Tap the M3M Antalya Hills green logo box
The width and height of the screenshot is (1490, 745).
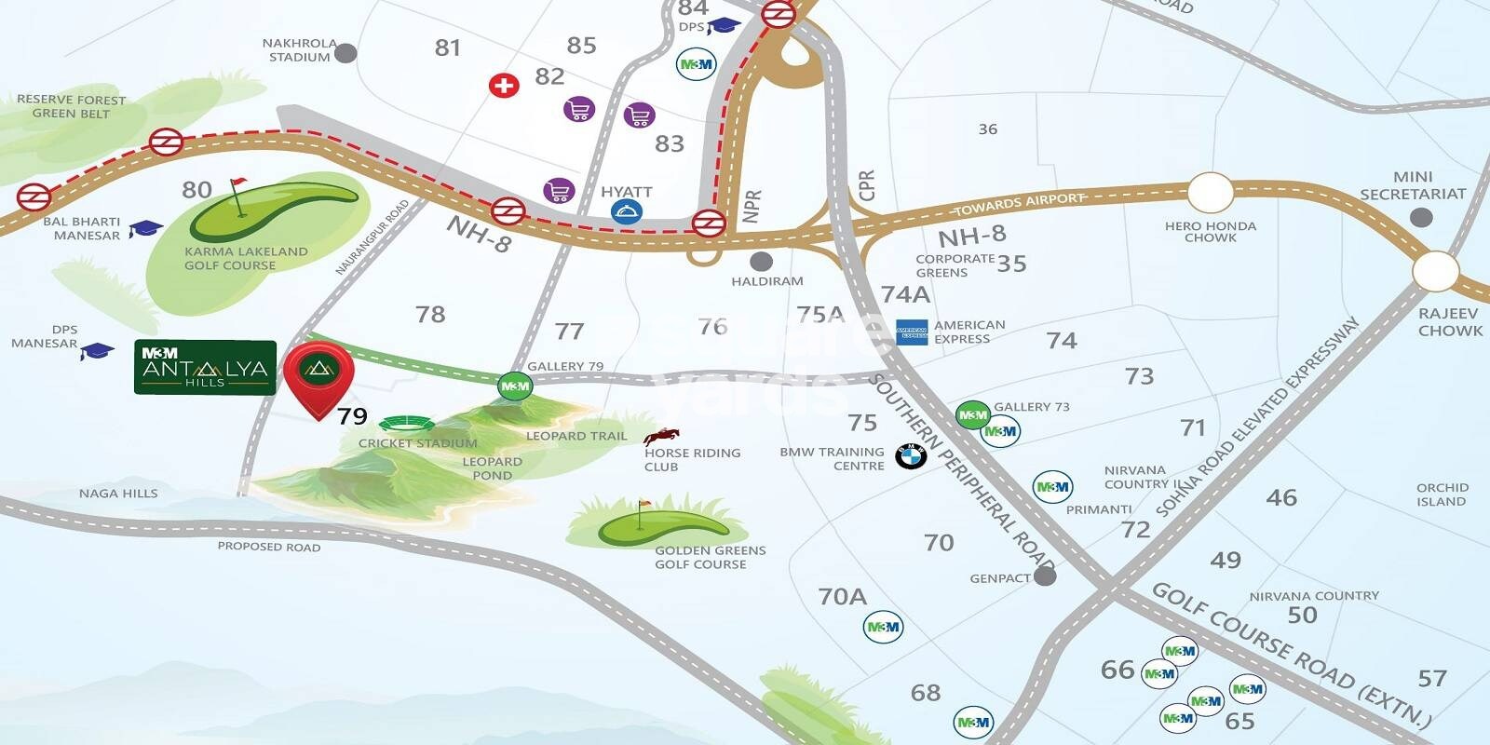click(x=205, y=367)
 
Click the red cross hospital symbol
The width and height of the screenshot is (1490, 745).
click(x=504, y=87)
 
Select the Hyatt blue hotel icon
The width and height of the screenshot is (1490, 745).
click(x=626, y=212)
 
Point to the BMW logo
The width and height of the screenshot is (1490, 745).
click(x=910, y=456)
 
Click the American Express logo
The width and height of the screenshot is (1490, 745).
click(x=912, y=332)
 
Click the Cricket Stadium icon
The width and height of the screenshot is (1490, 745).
click(x=408, y=425)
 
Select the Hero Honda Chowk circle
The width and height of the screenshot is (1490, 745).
click(x=1210, y=194)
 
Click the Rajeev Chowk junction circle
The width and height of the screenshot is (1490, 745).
click(x=1435, y=271)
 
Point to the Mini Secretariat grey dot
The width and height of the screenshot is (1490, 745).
click(x=1421, y=218)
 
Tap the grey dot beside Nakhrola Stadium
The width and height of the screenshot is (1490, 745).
click(x=345, y=52)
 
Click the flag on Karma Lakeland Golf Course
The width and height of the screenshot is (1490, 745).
click(x=239, y=194)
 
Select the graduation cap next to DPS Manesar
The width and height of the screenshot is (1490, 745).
click(x=97, y=351)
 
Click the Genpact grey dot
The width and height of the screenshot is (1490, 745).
click(x=1045, y=576)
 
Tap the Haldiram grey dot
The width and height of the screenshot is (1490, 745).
click(x=761, y=262)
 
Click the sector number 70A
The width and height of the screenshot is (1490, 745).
click(x=842, y=596)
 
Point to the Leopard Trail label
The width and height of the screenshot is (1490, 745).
click(x=576, y=436)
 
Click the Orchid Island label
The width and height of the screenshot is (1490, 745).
click(x=1442, y=494)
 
